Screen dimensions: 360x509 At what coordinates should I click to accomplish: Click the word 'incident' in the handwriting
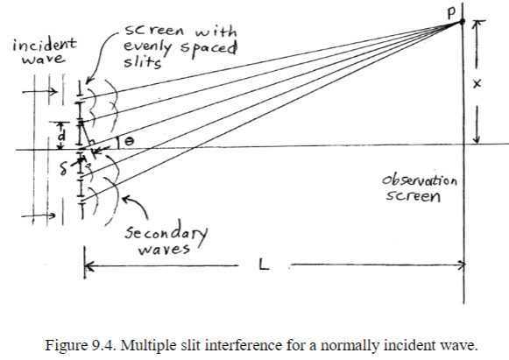pos(44,42)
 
